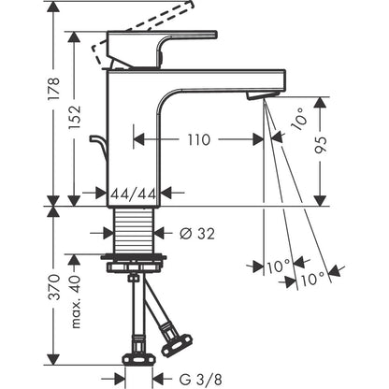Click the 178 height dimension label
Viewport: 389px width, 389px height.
click(x=53, y=89)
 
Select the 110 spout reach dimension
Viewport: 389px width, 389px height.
click(x=199, y=140)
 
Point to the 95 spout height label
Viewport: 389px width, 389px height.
click(x=321, y=145)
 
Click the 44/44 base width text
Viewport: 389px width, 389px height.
click(x=134, y=194)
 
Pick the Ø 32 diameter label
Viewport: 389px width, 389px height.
click(x=197, y=234)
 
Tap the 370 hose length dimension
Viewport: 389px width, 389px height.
click(x=54, y=287)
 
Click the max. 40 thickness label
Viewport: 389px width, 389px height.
click(x=75, y=302)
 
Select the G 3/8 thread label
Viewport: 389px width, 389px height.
click(x=201, y=380)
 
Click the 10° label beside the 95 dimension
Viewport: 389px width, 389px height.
click(x=298, y=120)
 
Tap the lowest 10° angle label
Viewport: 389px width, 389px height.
click(x=313, y=279)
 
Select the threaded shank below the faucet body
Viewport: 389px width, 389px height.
click(x=134, y=231)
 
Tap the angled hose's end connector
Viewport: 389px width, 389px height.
click(x=177, y=344)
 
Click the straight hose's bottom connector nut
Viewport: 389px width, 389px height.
click(x=138, y=359)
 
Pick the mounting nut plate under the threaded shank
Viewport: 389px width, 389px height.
click(x=134, y=264)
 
